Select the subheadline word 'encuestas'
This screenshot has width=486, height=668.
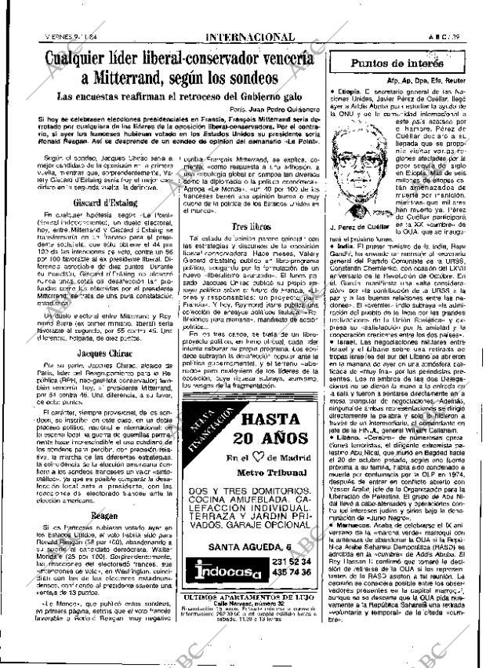[x=107, y=97]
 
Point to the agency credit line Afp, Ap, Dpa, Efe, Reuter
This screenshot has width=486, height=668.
[x=426, y=80]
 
